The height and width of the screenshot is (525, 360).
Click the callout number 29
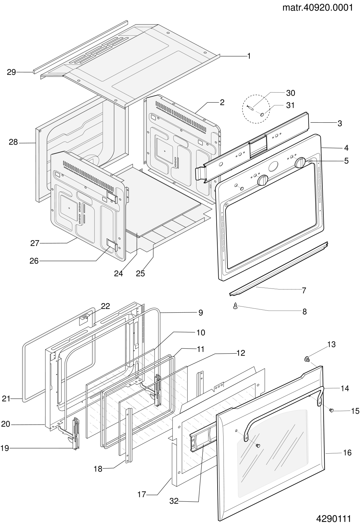pos(11,72)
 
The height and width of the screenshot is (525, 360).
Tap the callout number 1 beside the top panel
pos(249,56)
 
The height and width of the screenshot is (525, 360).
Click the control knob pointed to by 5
pos(300,163)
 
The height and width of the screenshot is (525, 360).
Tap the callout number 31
pos(290,105)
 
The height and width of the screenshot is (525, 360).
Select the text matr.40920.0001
pos(317,8)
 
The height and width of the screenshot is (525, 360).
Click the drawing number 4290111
pos(333,518)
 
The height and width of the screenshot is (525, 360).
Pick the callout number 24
pos(118,273)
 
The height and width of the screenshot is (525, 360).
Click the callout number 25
pos(140,273)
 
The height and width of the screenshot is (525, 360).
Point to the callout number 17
pos(142,495)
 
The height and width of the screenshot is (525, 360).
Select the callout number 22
pos(105,306)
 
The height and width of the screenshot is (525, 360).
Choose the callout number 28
pos(13,142)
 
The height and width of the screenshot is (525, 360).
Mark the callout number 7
pos(304,290)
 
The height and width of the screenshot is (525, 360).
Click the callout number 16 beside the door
pos(347,453)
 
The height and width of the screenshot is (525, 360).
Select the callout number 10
pos(201,333)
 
